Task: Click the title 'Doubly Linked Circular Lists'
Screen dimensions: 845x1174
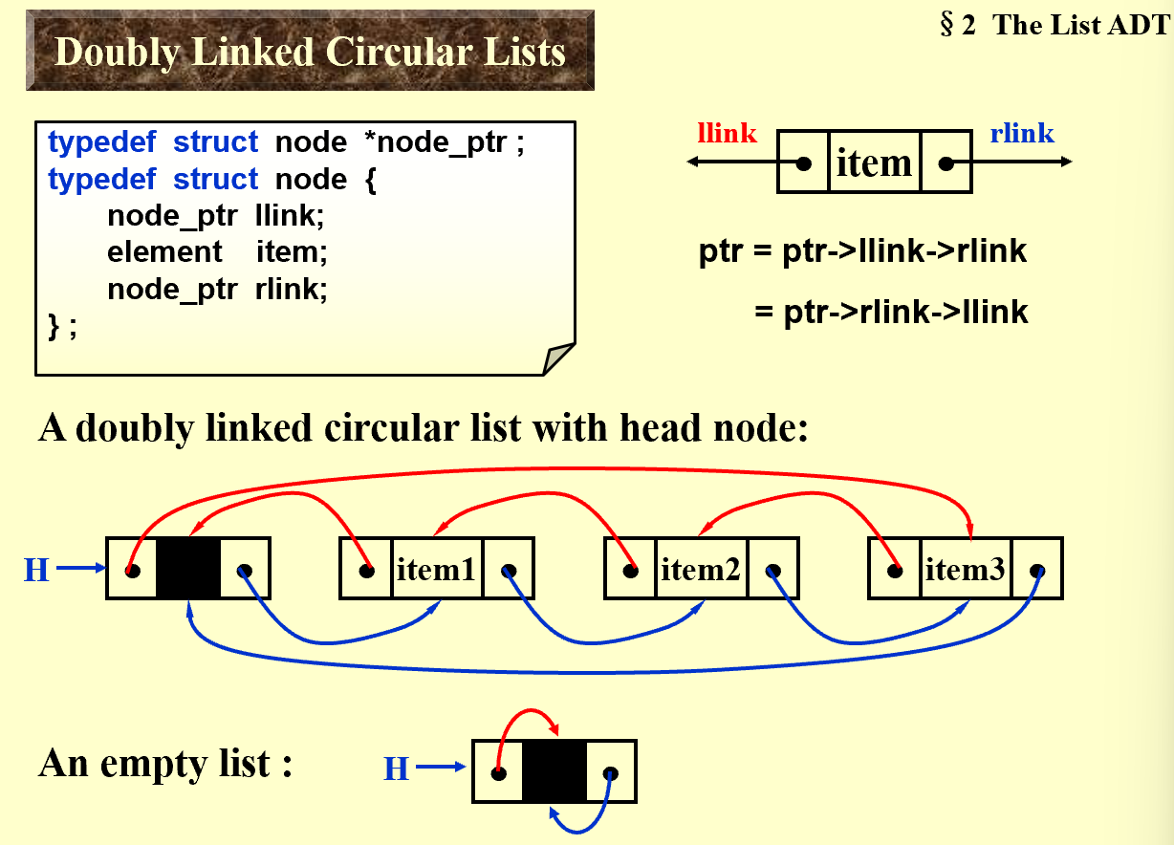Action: pos(310,51)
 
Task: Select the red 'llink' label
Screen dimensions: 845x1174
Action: pos(728,133)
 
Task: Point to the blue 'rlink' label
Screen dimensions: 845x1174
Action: pos(1022,133)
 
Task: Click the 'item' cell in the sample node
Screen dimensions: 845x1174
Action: pos(874,163)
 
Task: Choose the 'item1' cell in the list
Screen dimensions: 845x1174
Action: pos(436,571)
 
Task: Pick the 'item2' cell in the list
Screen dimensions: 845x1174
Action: pos(701,571)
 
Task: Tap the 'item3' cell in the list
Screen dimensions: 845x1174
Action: pos(966,571)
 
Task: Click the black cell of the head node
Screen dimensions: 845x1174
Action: pos(188,570)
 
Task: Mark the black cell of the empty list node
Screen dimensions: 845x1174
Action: pos(554,771)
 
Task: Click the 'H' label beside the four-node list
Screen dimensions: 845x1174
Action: pos(35,571)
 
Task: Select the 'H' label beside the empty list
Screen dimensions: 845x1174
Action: pos(396,768)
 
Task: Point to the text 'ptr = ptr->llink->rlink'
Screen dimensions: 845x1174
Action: pos(862,252)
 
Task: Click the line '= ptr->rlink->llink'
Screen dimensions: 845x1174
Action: pos(891,312)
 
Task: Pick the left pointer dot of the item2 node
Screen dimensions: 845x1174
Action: pos(630,572)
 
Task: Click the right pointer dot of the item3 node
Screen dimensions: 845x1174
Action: pos(1037,572)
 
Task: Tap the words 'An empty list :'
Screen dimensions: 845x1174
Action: pos(165,765)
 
